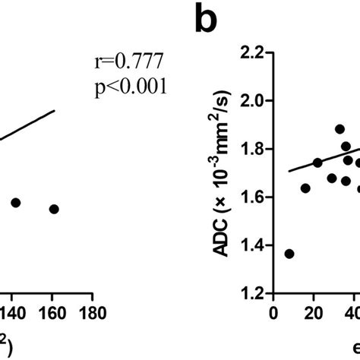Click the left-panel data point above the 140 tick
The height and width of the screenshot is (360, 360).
click(x=15, y=203)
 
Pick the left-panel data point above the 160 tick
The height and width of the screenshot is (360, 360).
click(x=54, y=208)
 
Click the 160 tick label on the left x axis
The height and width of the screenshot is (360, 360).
click(x=53, y=312)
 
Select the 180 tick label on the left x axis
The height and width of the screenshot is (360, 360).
click(x=92, y=312)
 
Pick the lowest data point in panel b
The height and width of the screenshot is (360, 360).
click(x=289, y=254)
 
